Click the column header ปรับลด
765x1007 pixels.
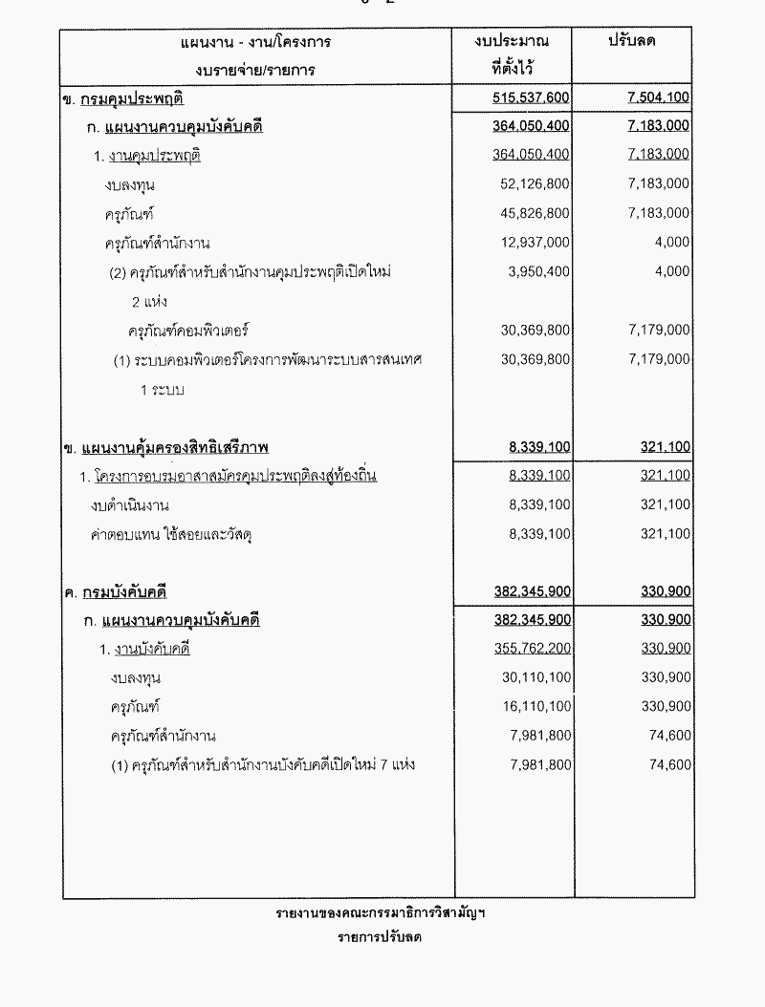[x=637, y=42]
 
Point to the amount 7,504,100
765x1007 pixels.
[x=659, y=97]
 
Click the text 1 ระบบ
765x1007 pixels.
[x=162, y=390]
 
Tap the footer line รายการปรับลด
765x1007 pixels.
[x=380, y=937]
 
